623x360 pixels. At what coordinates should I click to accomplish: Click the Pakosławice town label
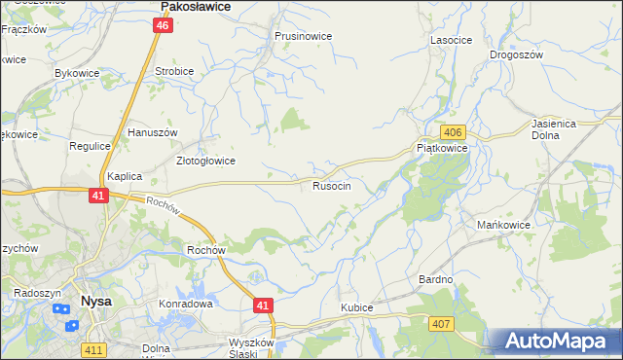[195, 7]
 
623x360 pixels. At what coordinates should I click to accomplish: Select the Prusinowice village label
[303, 37]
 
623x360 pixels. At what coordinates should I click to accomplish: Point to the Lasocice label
[451, 41]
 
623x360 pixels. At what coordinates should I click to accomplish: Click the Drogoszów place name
[516, 55]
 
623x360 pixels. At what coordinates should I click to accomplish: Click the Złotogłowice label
[204, 162]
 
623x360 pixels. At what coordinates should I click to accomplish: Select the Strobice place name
[174, 72]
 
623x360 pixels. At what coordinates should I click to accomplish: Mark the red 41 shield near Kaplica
[97, 196]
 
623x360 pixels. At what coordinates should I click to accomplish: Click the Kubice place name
[356, 307]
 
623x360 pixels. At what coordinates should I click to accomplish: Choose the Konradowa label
[185, 304]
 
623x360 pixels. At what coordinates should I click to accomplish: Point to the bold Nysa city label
[96, 302]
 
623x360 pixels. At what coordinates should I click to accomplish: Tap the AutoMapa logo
[557, 341]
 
